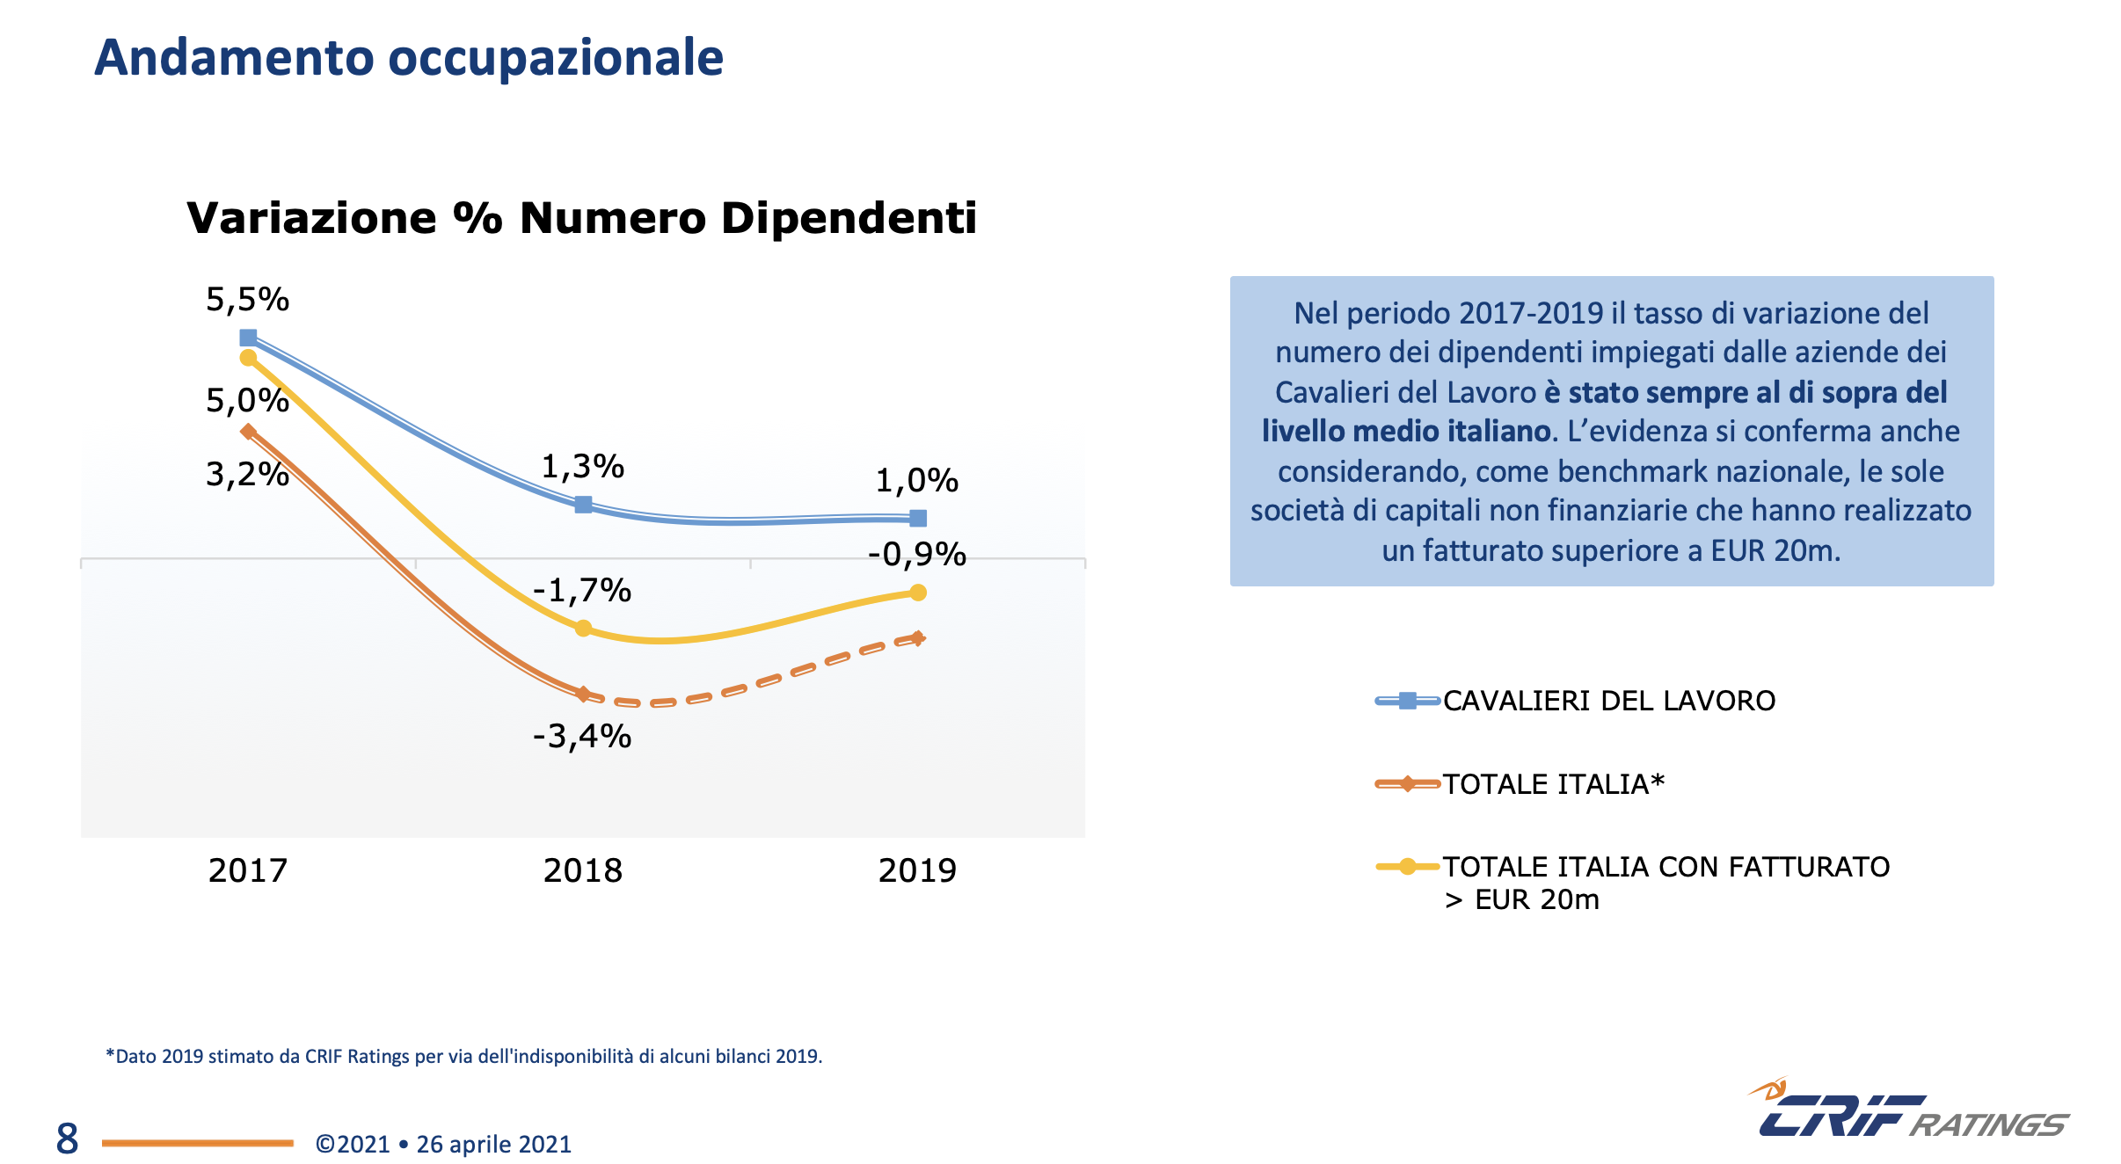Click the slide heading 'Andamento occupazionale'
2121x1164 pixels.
(x=408, y=58)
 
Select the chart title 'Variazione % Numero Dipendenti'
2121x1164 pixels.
(x=581, y=218)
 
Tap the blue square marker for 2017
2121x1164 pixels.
(x=248, y=338)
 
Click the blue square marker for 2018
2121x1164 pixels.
(x=583, y=505)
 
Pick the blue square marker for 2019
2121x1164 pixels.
(x=918, y=518)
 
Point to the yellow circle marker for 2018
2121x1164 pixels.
(x=583, y=629)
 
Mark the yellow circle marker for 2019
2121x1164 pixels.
(x=918, y=593)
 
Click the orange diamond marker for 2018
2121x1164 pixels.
(x=583, y=694)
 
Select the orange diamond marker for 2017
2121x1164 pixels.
(x=248, y=432)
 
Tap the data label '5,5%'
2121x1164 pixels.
(x=247, y=300)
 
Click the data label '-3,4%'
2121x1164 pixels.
(x=582, y=736)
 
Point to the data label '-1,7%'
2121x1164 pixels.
(x=582, y=590)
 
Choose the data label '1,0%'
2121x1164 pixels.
(x=916, y=480)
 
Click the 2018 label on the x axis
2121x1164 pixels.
(x=582, y=870)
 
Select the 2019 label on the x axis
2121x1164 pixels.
(x=917, y=870)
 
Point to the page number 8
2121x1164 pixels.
(x=67, y=1139)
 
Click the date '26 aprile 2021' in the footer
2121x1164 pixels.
(x=493, y=1144)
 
